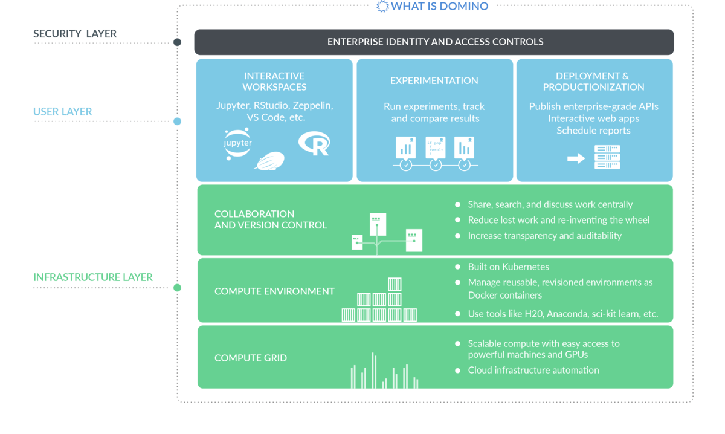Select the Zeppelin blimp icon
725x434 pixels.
coord(269,162)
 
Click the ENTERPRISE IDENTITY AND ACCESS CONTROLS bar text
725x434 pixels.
coord(435,42)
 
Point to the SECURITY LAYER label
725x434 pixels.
coord(75,34)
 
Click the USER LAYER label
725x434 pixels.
coord(63,112)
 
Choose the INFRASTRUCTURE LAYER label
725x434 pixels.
coord(93,277)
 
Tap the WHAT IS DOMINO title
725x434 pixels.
coord(433,7)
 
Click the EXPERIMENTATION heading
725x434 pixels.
coord(434,80)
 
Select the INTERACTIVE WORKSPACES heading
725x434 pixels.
coord(274,82)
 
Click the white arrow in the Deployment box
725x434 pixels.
coord(576,158)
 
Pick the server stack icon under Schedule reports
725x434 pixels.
coord(607,157)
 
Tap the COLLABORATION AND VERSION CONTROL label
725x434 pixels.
coord(271,219)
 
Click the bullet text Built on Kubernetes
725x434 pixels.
coord(508,267)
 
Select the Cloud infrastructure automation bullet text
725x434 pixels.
coord(533,370)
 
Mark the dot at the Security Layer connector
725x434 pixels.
coord(177,42)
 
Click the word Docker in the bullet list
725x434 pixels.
coord(482,295)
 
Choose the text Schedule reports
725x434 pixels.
coord(593,131)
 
